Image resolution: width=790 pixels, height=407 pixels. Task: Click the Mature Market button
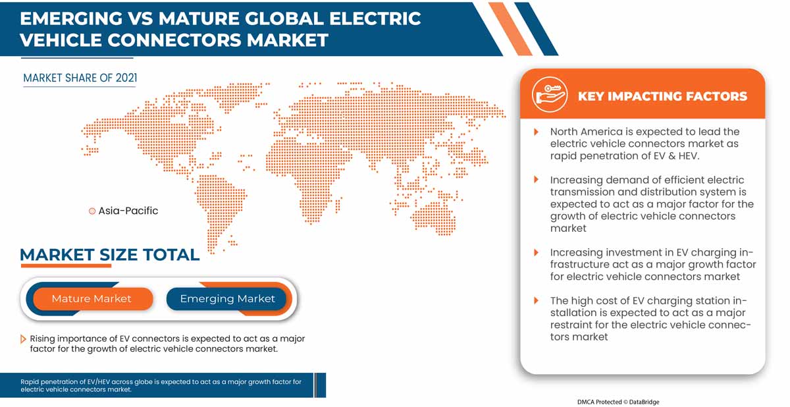pos(92,298)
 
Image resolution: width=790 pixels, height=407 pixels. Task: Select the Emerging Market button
pos(227,298)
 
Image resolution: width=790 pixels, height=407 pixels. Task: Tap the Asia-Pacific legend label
pos(128,211)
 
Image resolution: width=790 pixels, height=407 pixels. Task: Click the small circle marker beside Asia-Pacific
pos(92,211)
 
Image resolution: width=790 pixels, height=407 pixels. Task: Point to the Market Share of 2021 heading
pos(80,78)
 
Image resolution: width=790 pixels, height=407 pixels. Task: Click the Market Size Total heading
pos(109,255)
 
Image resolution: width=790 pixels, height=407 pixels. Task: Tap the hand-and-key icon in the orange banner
pos(550,95)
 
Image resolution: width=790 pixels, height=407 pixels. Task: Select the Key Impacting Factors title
pos(662,96)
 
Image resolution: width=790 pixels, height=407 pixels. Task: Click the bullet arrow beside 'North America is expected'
pos(537,132)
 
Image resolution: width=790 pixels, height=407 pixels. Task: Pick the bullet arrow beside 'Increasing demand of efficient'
pos(537,180)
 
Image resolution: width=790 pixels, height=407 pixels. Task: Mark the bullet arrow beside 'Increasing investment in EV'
pos(537,252)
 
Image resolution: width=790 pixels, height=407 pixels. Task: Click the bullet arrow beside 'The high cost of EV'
pos(537,301)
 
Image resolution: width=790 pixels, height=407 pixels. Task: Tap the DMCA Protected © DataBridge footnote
pos(618,401)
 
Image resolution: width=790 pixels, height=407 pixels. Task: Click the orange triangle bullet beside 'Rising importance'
pos(24,339)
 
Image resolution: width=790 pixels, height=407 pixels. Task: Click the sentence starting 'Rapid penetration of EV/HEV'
pos(161,385)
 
